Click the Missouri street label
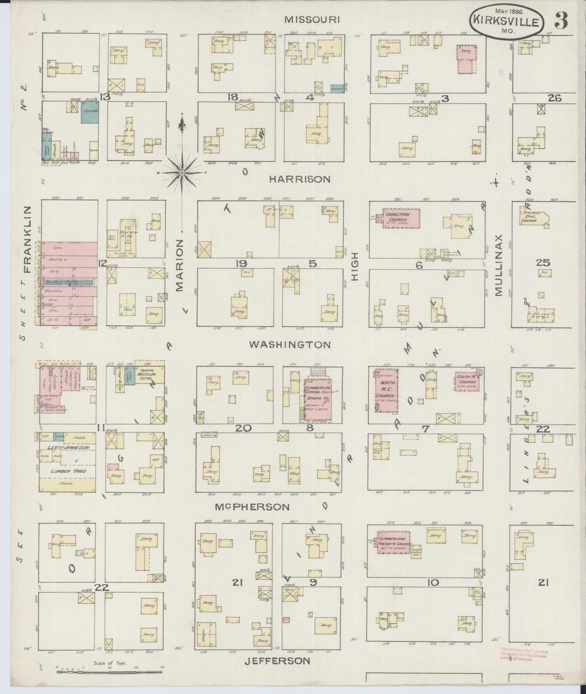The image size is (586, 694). coord(312,20)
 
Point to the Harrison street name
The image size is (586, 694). coord(300,179)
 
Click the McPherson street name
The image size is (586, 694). coord(262,507)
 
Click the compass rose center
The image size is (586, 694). coord(182,173)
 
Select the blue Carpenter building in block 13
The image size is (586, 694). coord(90,112)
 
